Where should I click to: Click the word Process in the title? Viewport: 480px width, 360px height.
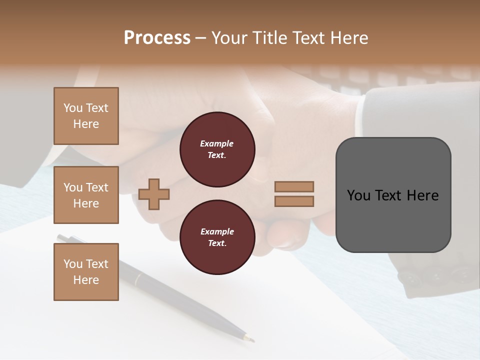[157, 38]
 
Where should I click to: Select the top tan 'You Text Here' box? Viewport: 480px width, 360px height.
[86, 116]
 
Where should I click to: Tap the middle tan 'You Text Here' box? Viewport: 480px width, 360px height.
[86, 195]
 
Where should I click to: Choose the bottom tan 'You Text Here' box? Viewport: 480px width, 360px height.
[86, 272]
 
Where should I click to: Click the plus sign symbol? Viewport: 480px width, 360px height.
[154, 194]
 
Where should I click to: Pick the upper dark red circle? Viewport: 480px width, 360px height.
[217, 149]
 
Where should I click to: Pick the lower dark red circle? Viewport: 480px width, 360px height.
[217, 237]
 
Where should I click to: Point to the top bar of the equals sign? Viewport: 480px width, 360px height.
[294, 186]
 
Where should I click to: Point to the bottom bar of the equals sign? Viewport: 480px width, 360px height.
[294, 201]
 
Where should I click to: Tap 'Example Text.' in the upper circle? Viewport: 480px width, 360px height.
[217, 149]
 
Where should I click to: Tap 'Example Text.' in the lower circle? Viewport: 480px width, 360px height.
[217, 237]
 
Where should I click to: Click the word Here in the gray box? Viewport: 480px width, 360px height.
[423, 195]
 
